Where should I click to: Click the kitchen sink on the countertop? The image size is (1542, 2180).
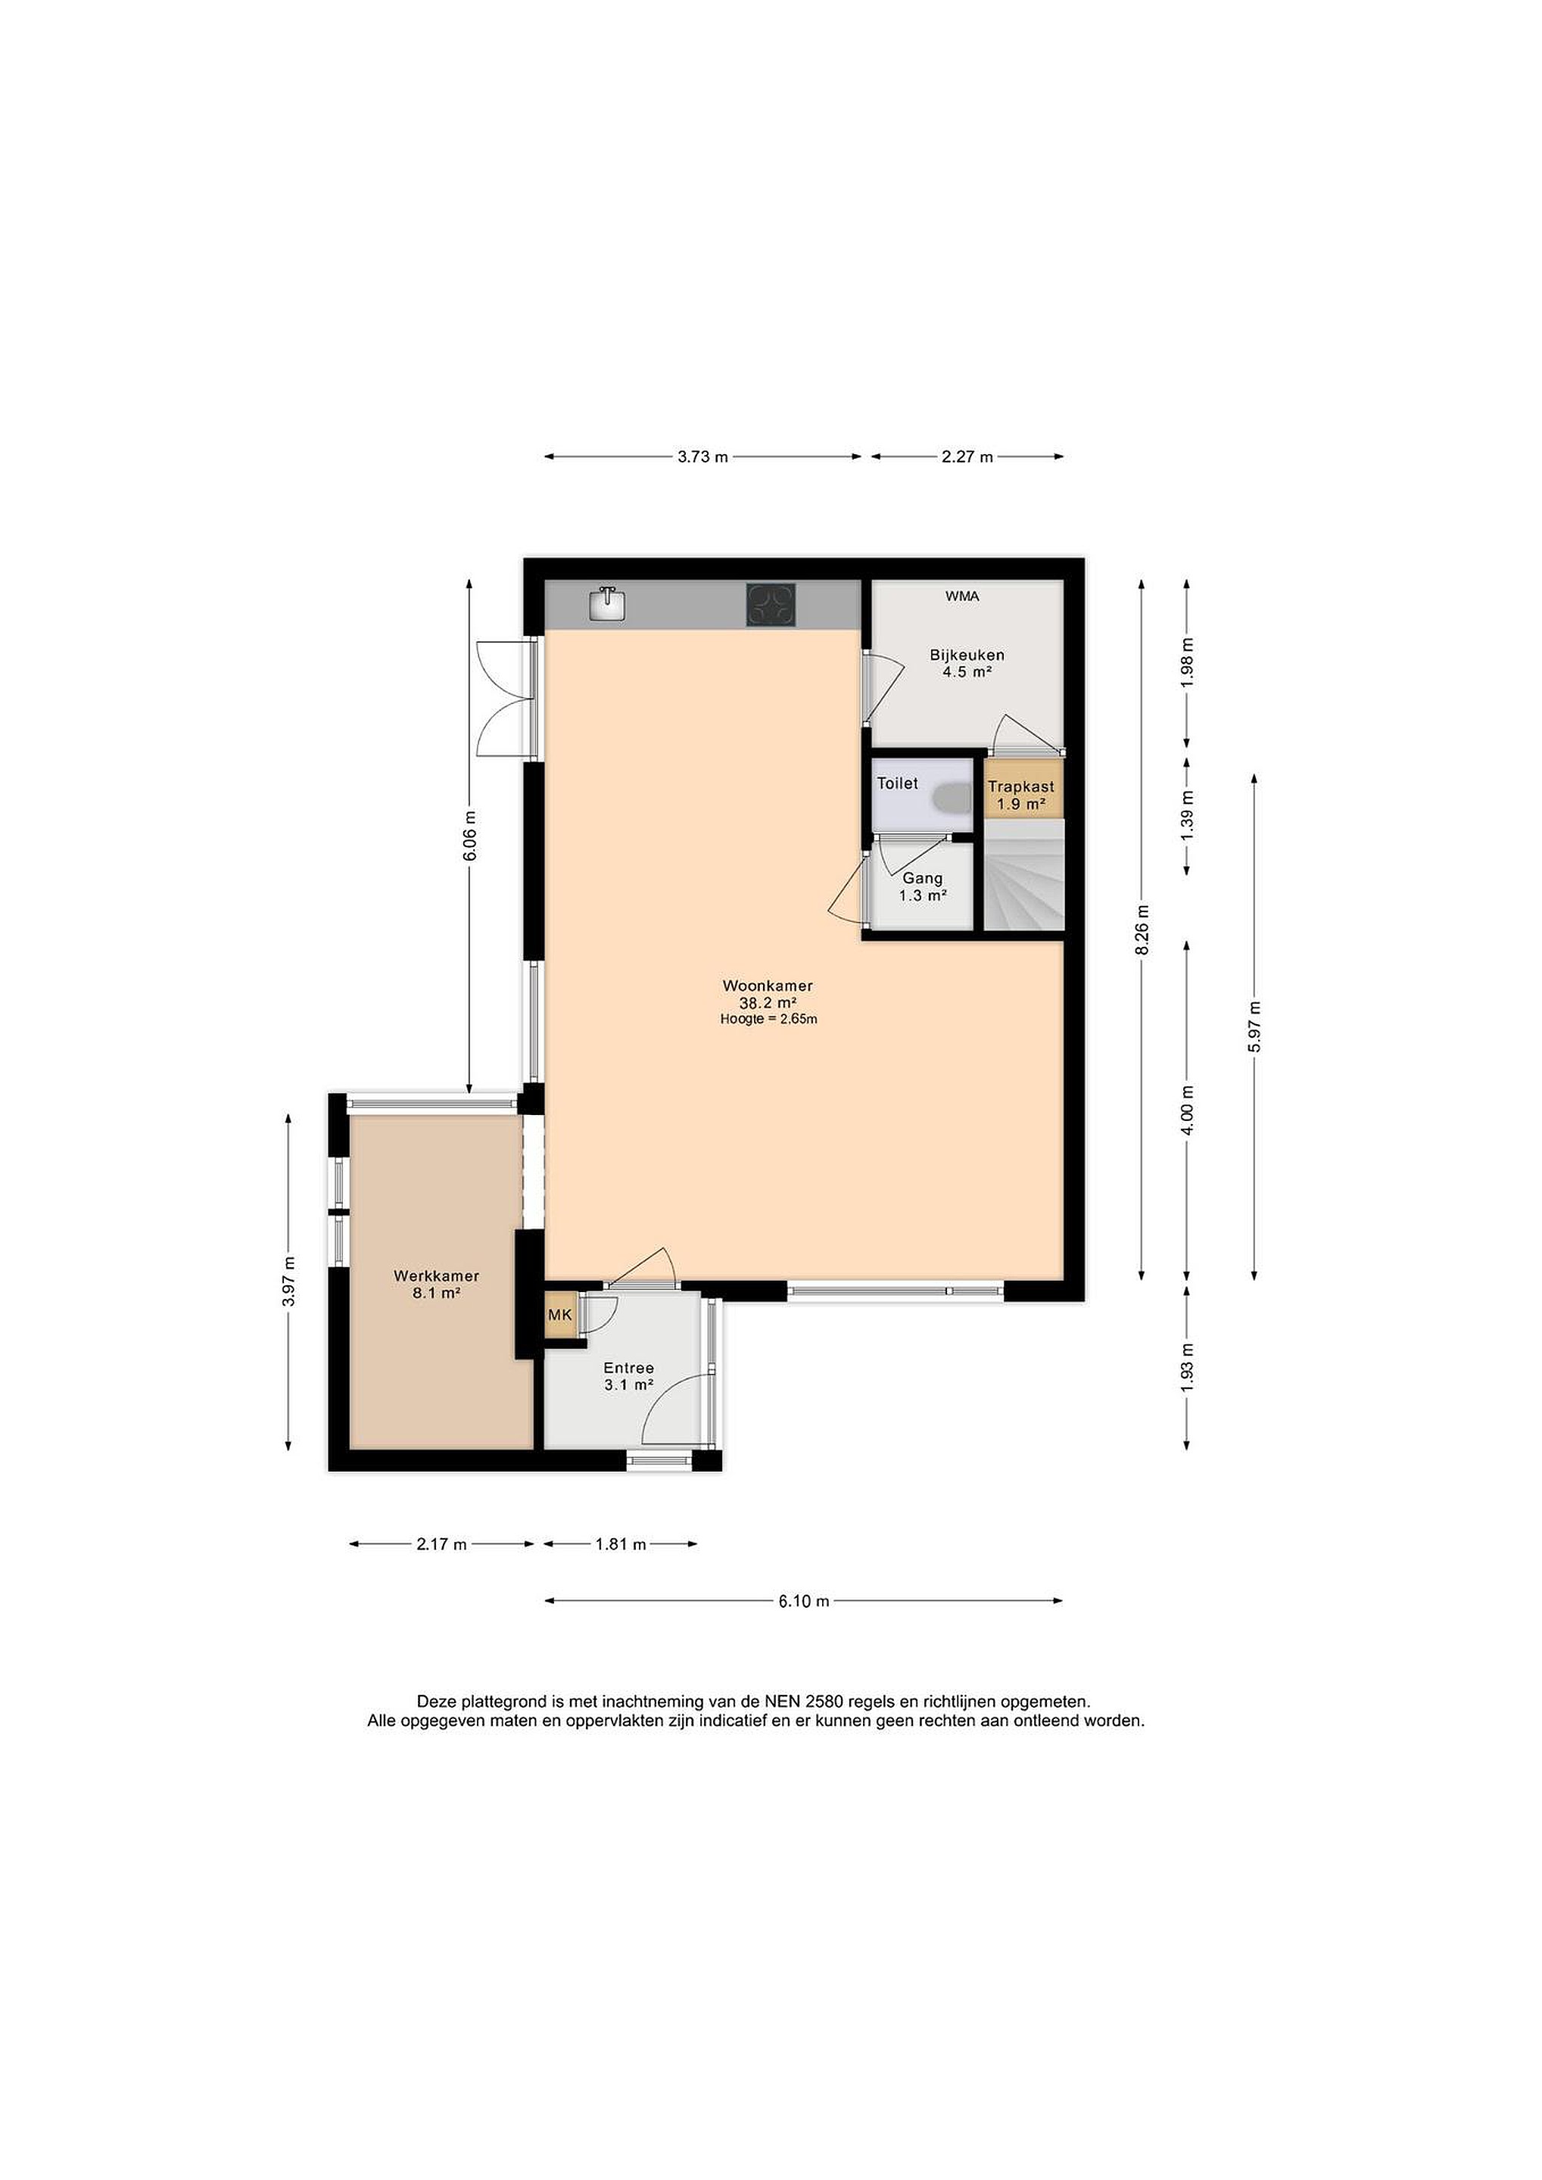(x=607, y=604)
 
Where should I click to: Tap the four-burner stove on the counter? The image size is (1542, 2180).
(x=771, y=604)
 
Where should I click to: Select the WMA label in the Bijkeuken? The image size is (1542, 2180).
(x=962, y=596)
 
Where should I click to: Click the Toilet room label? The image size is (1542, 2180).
(x=897, y=783)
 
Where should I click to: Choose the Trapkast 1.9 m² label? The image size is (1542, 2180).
(x=1020, y=796)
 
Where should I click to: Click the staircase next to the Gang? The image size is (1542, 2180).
(x=1023, y=876)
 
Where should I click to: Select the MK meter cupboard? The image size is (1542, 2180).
(x=560, y=1314)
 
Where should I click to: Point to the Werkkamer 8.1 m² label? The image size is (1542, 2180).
(x=437, y=1284)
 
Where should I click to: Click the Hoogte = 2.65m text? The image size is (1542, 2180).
(x=768, y=1020)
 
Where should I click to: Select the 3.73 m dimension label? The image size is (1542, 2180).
(x=702, y=456)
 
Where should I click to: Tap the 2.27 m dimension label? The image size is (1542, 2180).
(x=967, y=456)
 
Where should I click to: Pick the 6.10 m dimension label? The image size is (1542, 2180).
(x=804, y=1601)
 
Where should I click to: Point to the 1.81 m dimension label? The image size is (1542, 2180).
(x=621, y=1545)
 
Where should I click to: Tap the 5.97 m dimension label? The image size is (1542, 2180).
(x=1254, y=1026)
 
